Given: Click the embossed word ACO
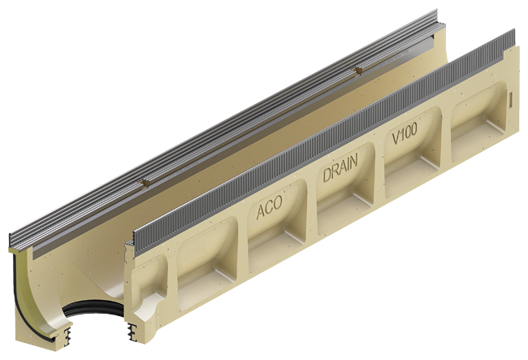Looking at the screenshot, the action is (x=269, y=207).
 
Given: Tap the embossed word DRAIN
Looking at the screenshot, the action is (x=340, y=168).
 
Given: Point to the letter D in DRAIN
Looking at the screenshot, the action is (x=327, y=175).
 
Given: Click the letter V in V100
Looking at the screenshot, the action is (x=396, y=137).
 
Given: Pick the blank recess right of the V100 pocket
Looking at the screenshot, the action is (x=478, y=122).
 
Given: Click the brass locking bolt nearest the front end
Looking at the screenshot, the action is (x=145, y=183).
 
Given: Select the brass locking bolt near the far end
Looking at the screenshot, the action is (x=357, y=71).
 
